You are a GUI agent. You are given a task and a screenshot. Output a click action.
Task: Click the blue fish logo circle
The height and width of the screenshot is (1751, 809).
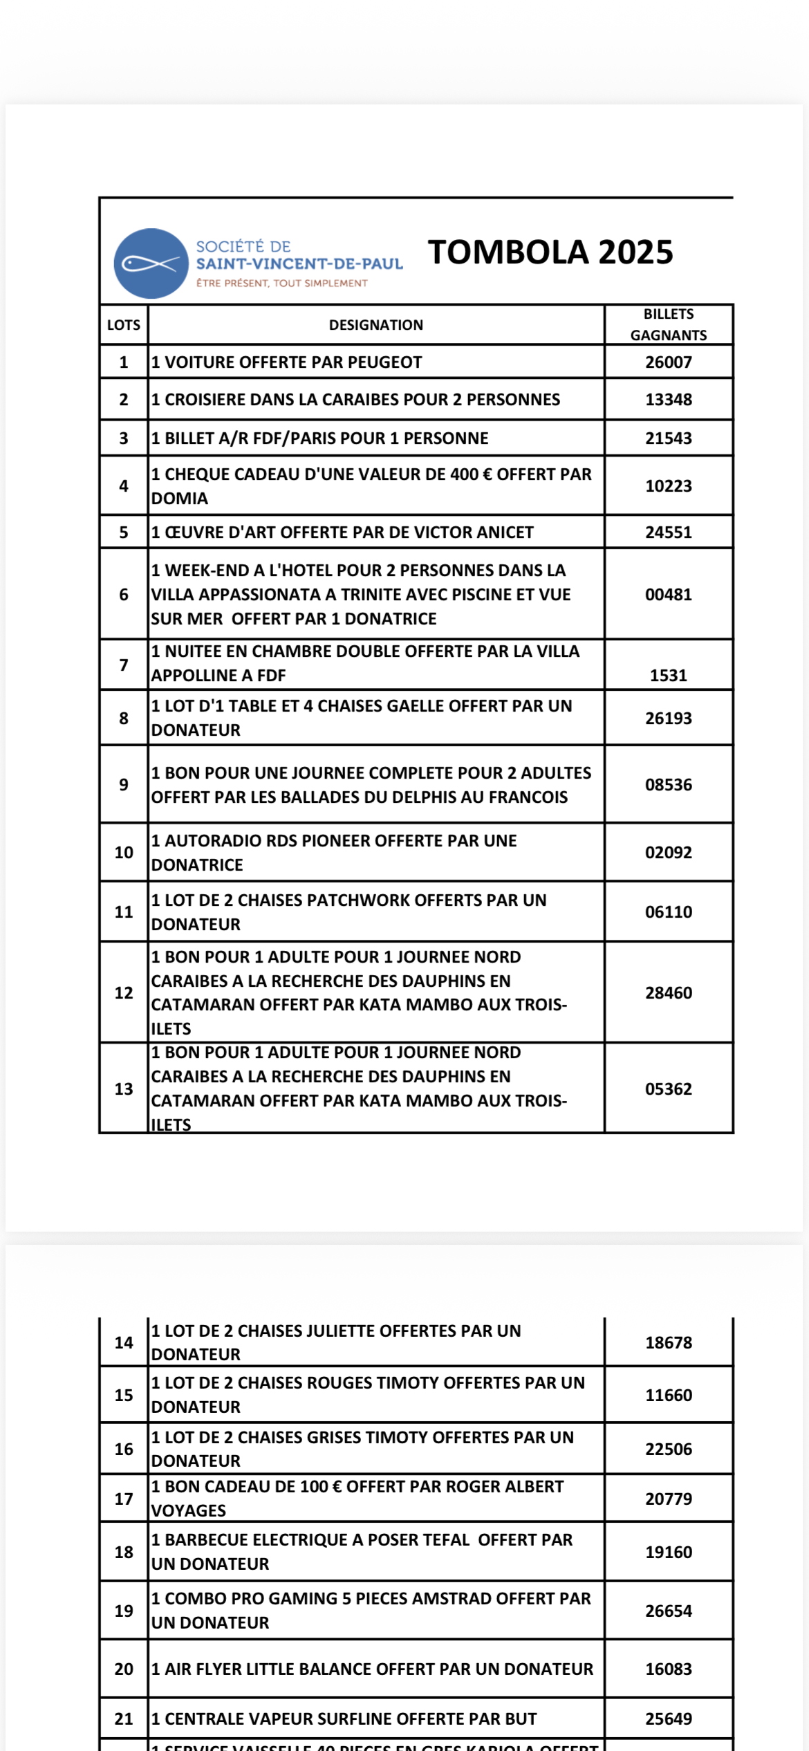(151, 263)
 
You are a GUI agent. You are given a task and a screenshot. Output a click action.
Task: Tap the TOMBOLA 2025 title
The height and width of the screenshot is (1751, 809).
(550, 252)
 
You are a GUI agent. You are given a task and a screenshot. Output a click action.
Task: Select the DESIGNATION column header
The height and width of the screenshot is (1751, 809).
(375, 325)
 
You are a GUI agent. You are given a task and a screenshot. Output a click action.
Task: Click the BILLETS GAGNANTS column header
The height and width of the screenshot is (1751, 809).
(668, 324)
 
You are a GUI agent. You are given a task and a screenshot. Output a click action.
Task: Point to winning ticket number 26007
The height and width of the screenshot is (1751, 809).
(668, 362)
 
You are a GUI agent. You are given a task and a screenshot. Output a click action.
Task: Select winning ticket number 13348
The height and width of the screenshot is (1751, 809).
(668, 400)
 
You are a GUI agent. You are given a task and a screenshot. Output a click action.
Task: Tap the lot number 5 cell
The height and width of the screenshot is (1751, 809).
(124, 532)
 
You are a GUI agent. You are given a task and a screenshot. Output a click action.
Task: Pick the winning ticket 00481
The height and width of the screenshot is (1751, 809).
(668, 595)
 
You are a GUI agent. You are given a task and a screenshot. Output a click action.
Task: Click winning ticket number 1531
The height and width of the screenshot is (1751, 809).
(668, 676)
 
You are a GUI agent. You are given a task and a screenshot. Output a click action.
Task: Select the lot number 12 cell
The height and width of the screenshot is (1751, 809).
(124, 993)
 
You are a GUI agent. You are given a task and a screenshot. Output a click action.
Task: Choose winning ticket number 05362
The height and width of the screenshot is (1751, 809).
(668, 1089)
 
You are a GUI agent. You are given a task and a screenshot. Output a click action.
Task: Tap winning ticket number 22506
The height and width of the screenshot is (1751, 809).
(668, 1449)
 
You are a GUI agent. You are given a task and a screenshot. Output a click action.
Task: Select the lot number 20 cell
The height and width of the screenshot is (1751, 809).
(124, 1669)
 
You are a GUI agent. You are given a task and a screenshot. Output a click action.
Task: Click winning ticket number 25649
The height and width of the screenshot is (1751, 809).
(668, 1718)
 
